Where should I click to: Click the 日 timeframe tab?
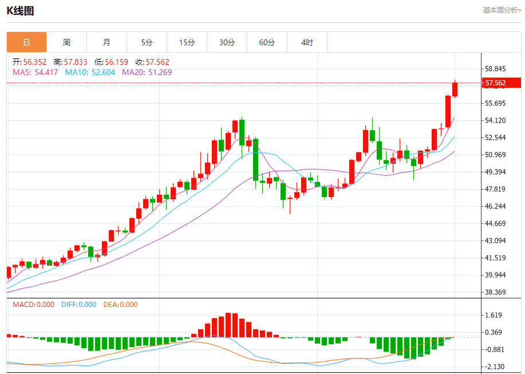[x=26, y=42]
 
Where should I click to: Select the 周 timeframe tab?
[x=66, y=42]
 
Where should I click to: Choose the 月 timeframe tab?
[x=106, y=42]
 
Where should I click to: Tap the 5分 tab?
[x=147, y=42]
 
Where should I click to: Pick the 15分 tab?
[x=187, y=42]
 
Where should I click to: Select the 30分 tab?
[x=227, y=42]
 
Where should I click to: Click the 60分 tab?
[x=267, y=42]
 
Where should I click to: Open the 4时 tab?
[x=307, y=42]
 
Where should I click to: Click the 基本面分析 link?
[x=502, y=10]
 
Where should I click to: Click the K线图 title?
[x=20, y=10]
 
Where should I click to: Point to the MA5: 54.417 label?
[x=36, y=72]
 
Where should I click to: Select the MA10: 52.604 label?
[x=90, y=72]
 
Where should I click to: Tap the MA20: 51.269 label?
[x=147, y=72]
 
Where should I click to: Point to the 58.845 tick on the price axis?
[x=496, y=69]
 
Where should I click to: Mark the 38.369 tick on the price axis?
[x=496, y=292]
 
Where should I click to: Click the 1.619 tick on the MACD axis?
[x=494, y=315]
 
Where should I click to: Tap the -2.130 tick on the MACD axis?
[x=494, y=367]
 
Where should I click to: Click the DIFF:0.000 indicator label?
[x=79, y=305]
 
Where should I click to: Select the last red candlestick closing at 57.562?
[x=455, y=89]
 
